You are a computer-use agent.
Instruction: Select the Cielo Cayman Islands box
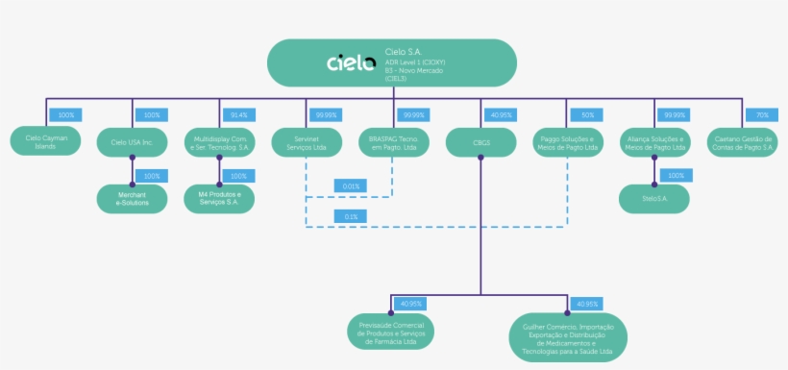(x=45, y=142)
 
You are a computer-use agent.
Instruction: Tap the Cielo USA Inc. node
(x=132, y=142)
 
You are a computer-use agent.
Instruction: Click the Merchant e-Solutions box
(x=132, y=198)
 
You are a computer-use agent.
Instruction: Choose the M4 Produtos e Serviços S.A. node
(x=219, y=198)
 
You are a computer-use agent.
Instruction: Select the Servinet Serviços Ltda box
(x=306, y=142)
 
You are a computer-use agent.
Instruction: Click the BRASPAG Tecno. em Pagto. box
(x=393, y=142)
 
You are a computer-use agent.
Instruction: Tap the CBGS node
(x=480, y=142)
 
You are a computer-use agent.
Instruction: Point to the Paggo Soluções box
(x=567, y=142)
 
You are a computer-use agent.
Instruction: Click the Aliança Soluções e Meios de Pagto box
(x=654, y=142)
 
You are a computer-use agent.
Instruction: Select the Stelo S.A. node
(x=654, y=198)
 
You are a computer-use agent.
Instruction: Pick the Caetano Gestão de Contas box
(x=742, y=142)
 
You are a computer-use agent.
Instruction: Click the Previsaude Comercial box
(x=390, y=331)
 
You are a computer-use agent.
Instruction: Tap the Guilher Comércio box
(x=568, y=335)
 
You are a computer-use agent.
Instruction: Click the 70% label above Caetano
(x=761, y=115)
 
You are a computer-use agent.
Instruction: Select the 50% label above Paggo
(x=586, y=115)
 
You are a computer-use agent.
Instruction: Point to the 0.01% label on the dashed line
(x=349, y=185)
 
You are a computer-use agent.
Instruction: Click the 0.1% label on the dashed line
(x=349, y=217)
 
